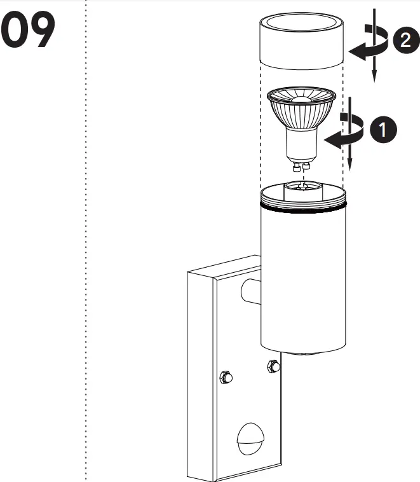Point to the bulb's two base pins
pyautogui.click(x=301, y=167)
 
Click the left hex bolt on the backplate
pyautogui.click(x=226, y=377)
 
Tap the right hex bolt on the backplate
pyautogui.click(x=274, y=366)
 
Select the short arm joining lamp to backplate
pyautogui.click(x=250, y=291)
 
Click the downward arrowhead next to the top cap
pyautogui.click(x=375, y=76)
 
